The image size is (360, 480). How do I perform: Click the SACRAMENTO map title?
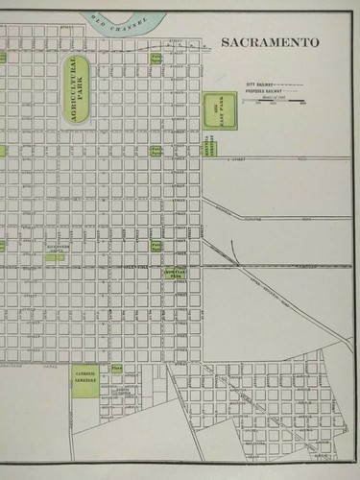tap(271, 43)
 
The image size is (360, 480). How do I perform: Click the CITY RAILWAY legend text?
tap(259, 85)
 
